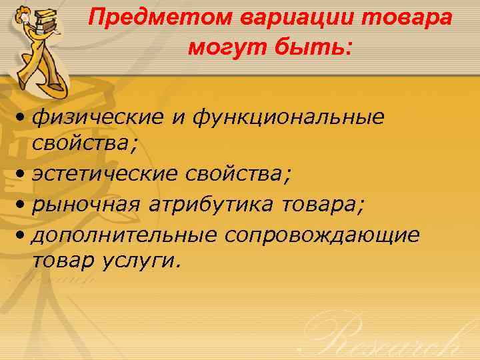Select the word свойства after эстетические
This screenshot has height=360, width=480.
coord(237,175)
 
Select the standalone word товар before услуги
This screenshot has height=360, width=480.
coord(64,261)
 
